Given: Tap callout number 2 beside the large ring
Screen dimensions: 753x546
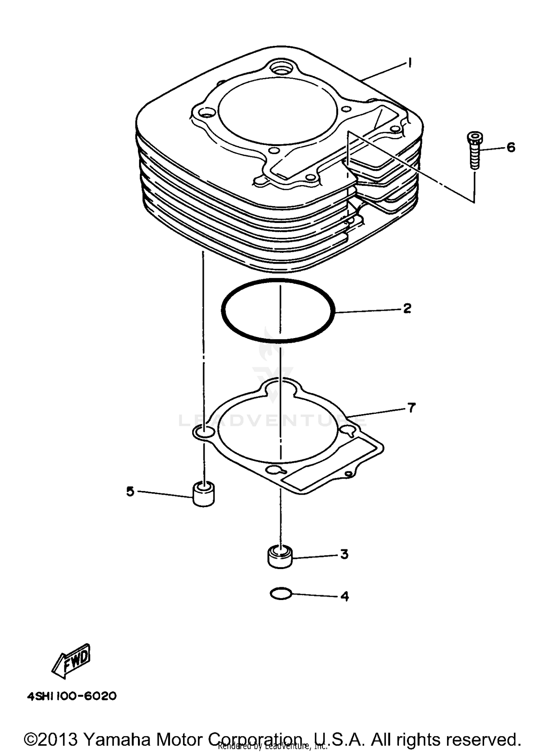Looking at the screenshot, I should tap(407, 308).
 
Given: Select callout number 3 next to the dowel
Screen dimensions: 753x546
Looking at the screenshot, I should tap(344, 554).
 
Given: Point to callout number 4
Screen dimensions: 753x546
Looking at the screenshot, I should tap(344, 596).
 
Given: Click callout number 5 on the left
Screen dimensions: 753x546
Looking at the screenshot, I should tap(130, 491).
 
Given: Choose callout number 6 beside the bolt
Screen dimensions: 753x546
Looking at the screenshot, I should tap(511, 148).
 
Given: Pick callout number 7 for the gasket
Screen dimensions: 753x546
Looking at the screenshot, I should tap(411, 408).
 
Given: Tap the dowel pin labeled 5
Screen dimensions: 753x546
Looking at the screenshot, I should tap(203, 494).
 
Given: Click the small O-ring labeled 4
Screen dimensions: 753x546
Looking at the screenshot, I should tap(281, 595).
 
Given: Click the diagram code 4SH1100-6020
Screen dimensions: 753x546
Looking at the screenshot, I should tap(72, 696).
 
